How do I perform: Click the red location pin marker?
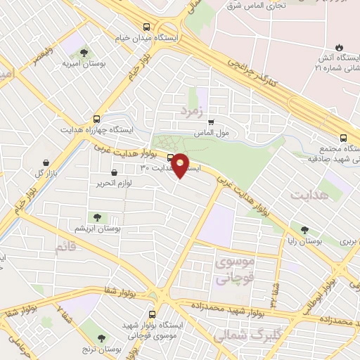tap(181, 165)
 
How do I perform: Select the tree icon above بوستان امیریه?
tap(84, 53)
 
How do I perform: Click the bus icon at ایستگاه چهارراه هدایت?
tap(96, 119)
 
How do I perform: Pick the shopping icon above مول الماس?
tap(211, 122)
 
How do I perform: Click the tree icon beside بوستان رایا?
tap(304, 230)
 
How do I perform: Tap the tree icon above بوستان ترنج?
tap(103, 338)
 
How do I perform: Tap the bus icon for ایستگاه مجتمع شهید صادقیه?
tap(343, 138)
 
